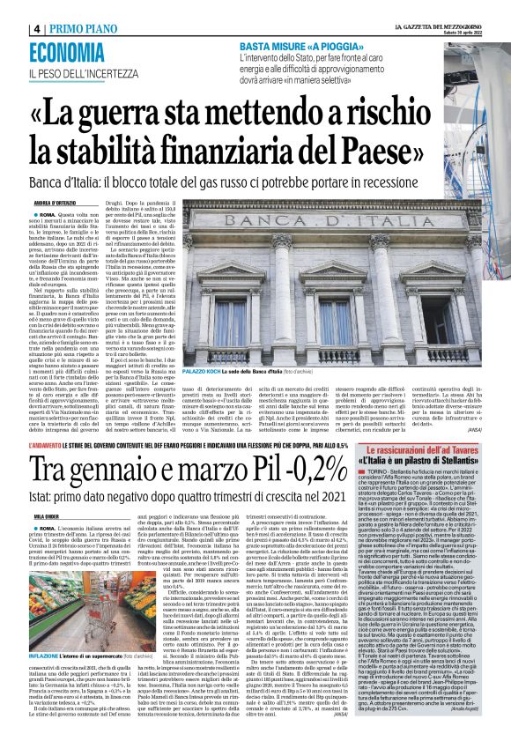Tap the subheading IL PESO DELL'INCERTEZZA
(x=83, y=72)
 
